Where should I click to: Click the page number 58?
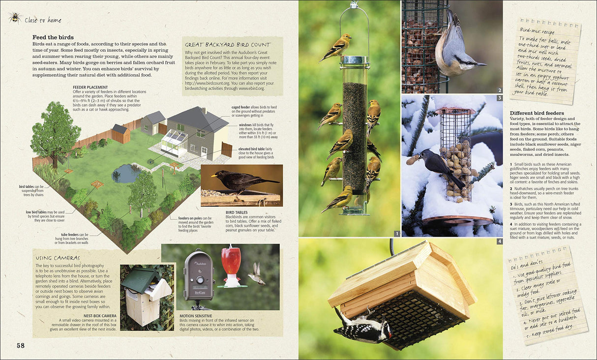[20, 346]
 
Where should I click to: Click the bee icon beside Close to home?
[14, 18]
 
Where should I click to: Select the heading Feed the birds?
[53, 37]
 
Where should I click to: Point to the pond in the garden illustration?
[126, 173]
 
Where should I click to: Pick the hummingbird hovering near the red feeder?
[256, 273]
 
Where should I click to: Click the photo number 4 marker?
[500, 241]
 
